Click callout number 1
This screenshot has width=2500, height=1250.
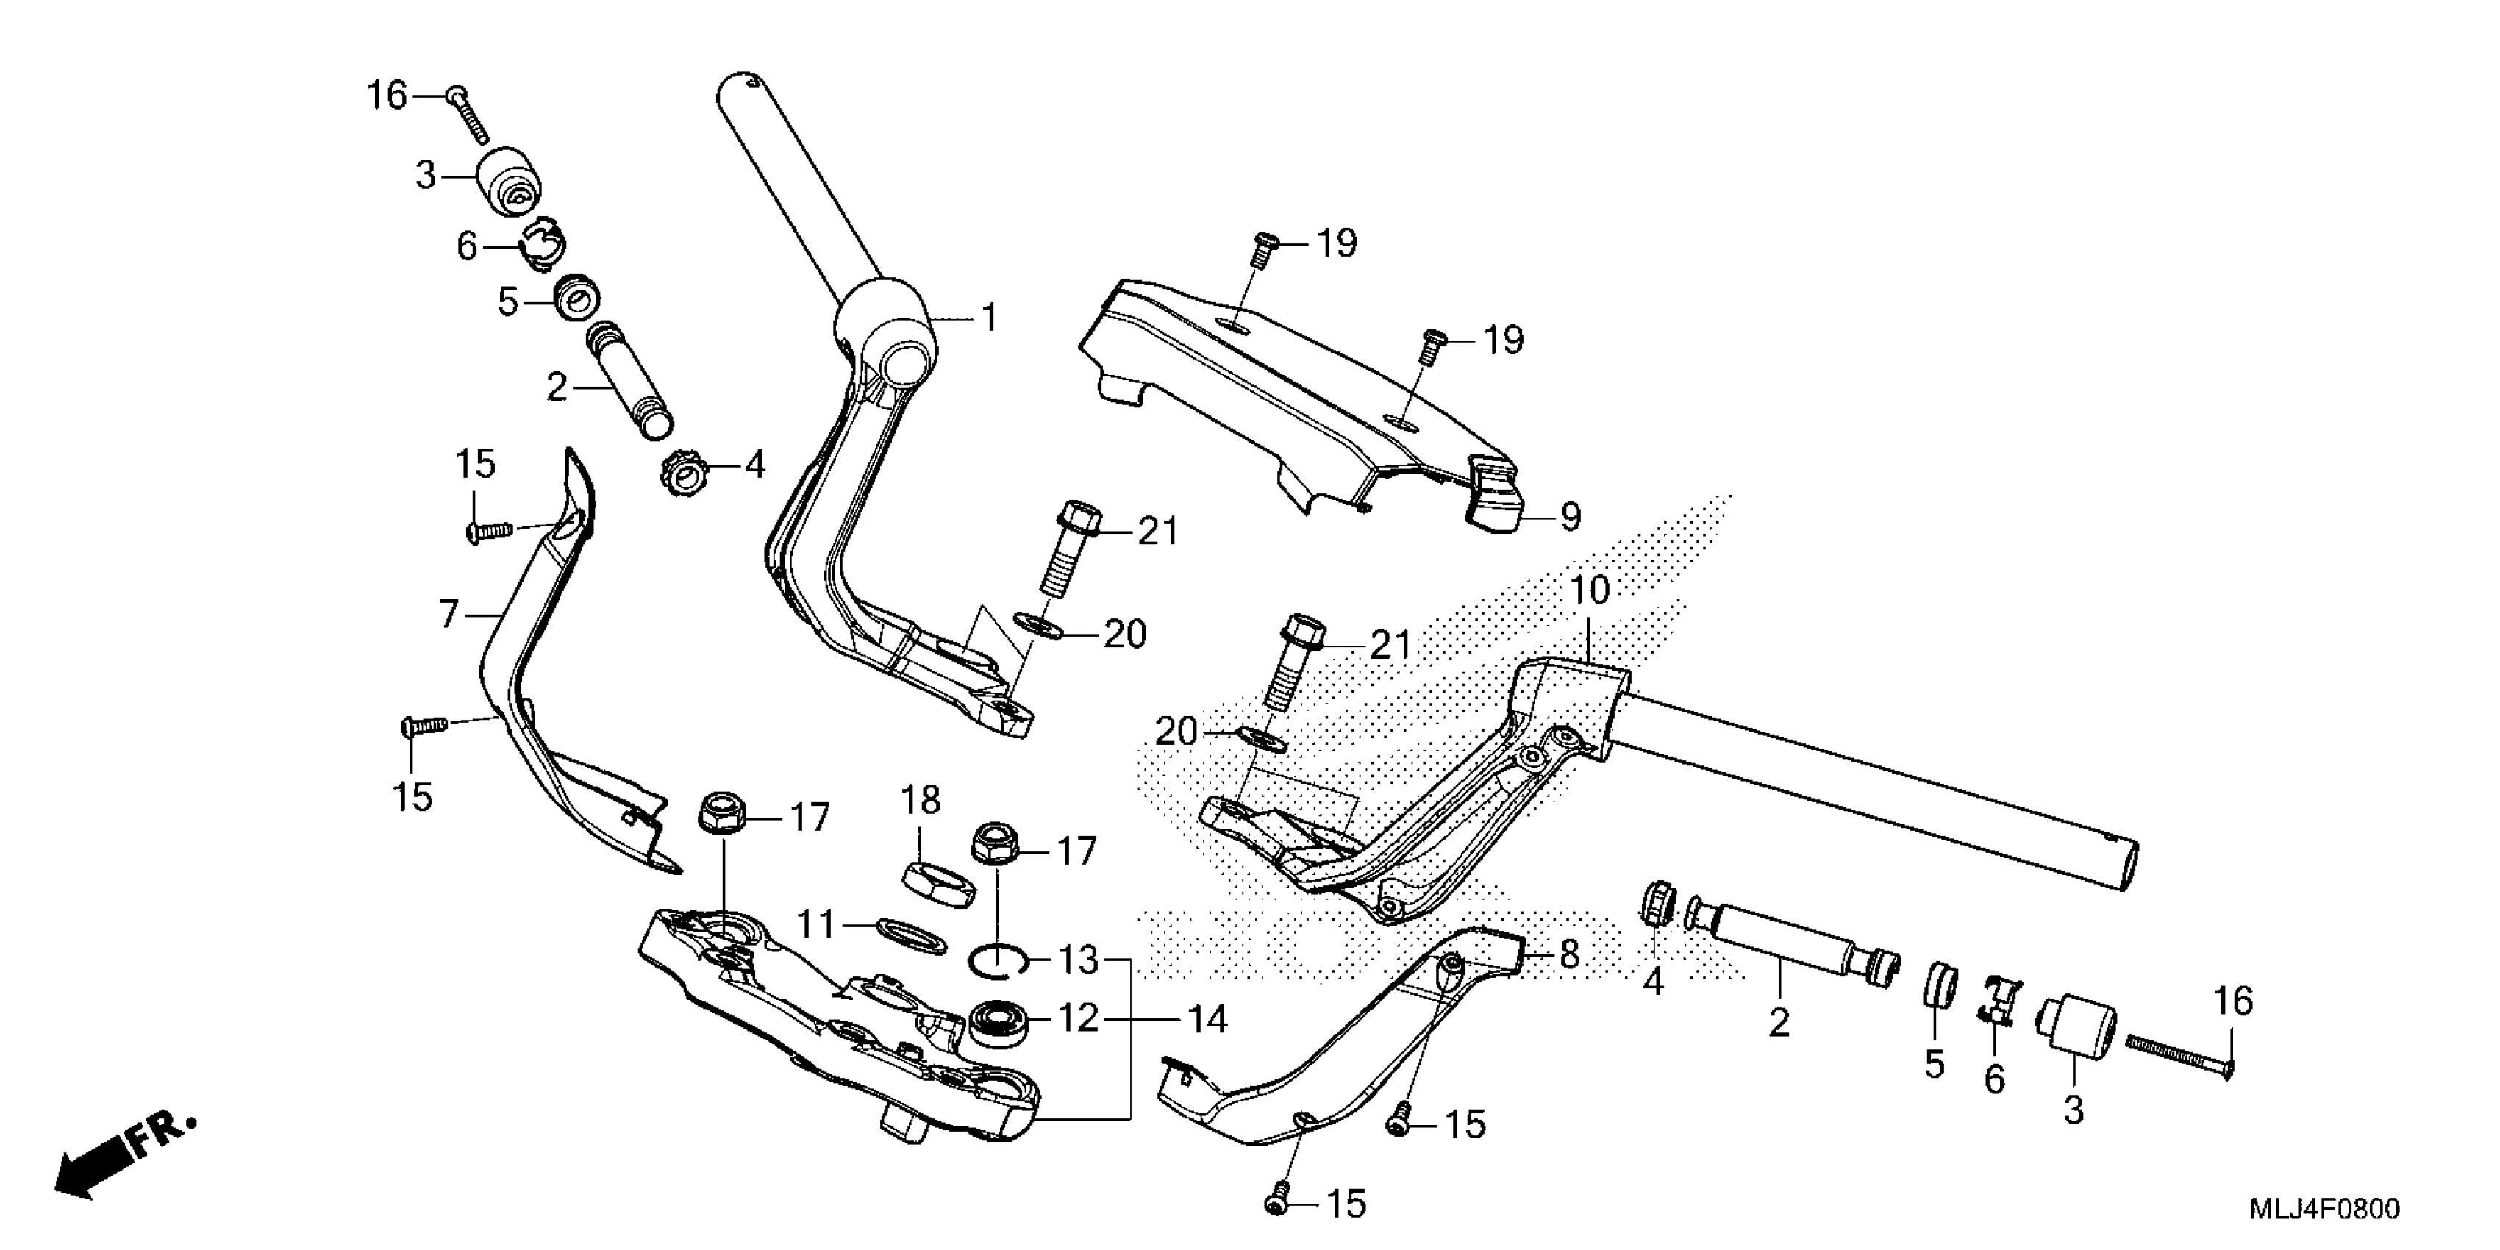tap(989, 318)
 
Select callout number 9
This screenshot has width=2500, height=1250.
tap(1571, 516)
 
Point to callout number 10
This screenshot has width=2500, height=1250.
tap(1590, 590)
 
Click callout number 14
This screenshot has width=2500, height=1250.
tap(1208, 1019)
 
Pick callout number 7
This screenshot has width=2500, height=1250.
tap(449, 613)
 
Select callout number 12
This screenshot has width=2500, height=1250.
tap(1078, 1018)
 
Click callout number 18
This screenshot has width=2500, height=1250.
tap(920, 801)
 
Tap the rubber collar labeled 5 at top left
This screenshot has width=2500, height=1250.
tap(576, 296)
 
